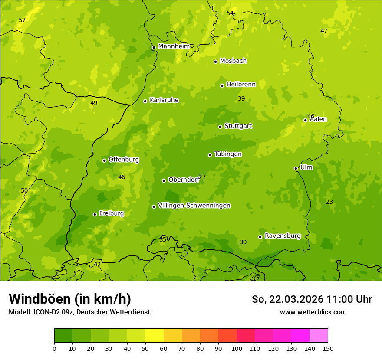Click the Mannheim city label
coord(174,46)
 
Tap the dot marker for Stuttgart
coord(220,127)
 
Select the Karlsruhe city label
coord(164,100)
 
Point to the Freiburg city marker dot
coord(95,214)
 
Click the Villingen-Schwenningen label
coord(194,206)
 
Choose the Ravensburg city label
coord(282,236)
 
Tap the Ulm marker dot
coord(296,168)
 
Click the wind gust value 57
coord(22,20)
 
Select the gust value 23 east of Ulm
coord(329,202)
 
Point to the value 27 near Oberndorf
coord(202,177)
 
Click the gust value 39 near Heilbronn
coord(241,99)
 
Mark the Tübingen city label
coord(227,154)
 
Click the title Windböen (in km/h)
coord(70,299)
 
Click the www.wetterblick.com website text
coord(313,312)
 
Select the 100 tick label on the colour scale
coord(237,348)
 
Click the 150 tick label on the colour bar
coord(328,348)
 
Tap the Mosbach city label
coord(233,61)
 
